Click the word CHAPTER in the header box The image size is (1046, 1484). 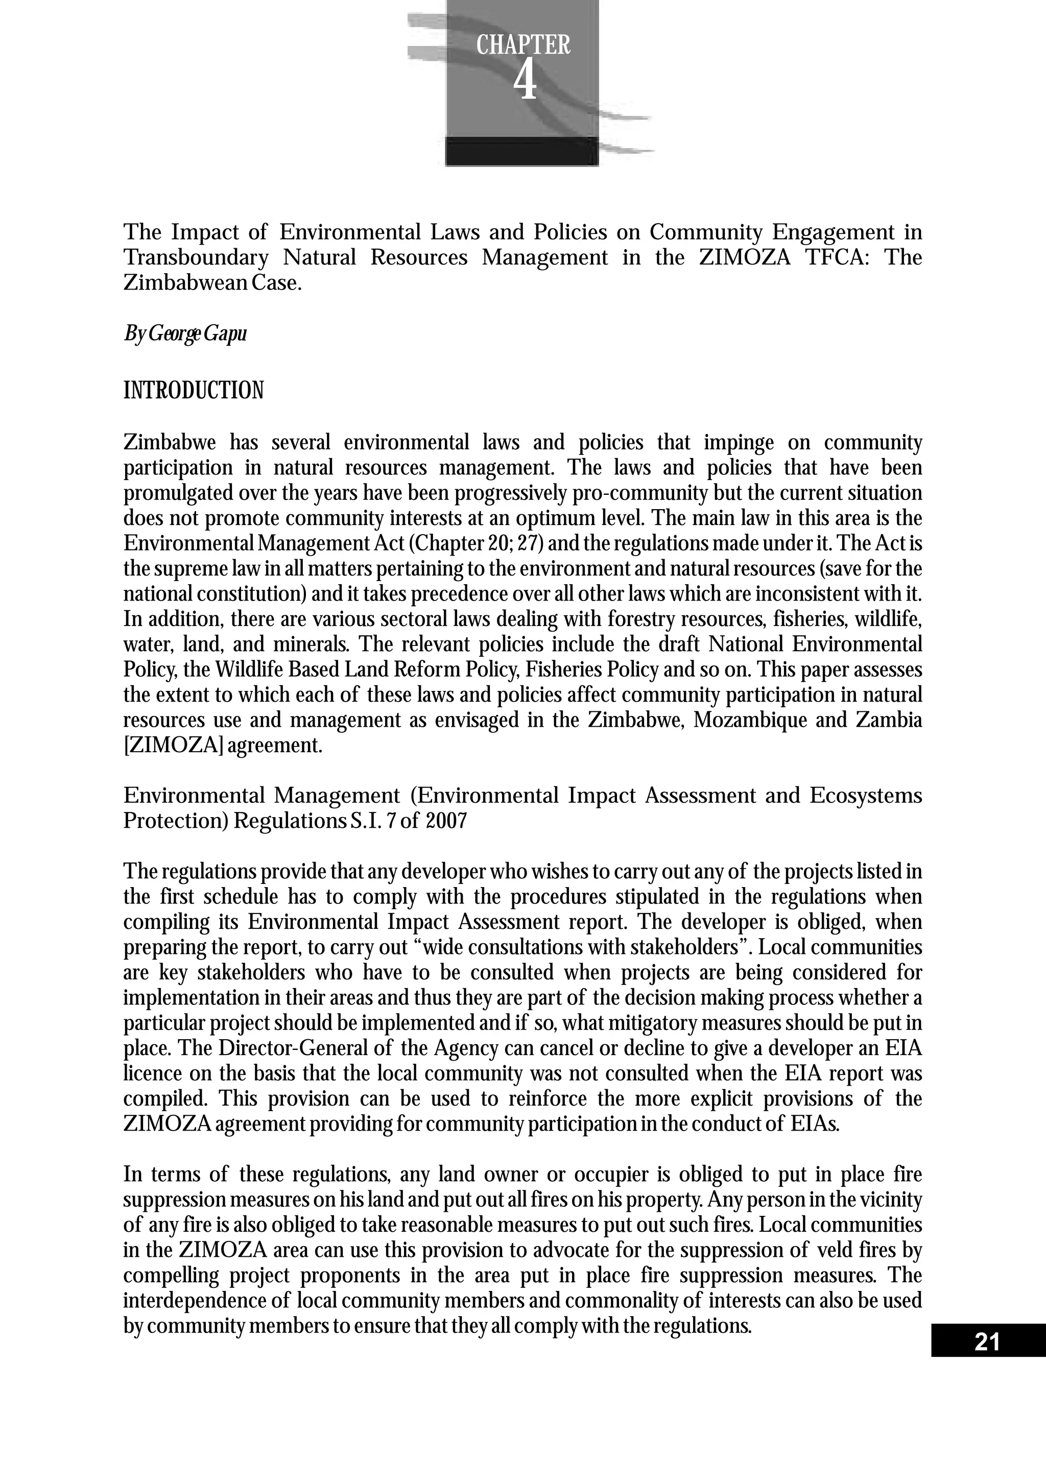pyautogui.click(x=523, y=45)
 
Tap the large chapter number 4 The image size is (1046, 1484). pyautogui.click(x=525, y=82)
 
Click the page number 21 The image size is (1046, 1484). pyautogui.click(x=987, y=1343)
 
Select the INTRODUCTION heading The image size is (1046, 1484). pyautogui.click(x=193, y=390)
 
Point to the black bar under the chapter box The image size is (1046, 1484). pyautogui.click(x=521, y=151)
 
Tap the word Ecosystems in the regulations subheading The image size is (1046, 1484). pyautogui.click(x=866, y=795)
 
